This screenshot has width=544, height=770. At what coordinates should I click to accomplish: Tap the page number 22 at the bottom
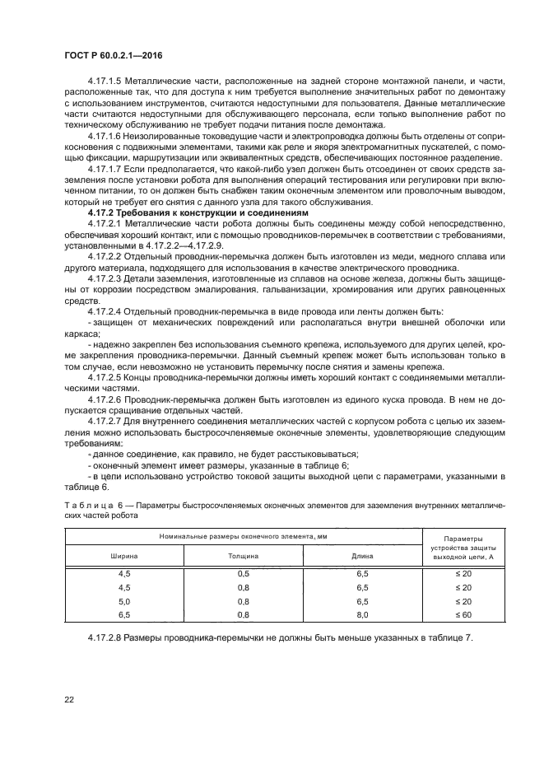pos(70,699)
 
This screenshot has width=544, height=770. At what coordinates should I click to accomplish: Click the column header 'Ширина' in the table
pos(124,557)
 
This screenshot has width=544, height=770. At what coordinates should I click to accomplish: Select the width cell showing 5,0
pos(124,602)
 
